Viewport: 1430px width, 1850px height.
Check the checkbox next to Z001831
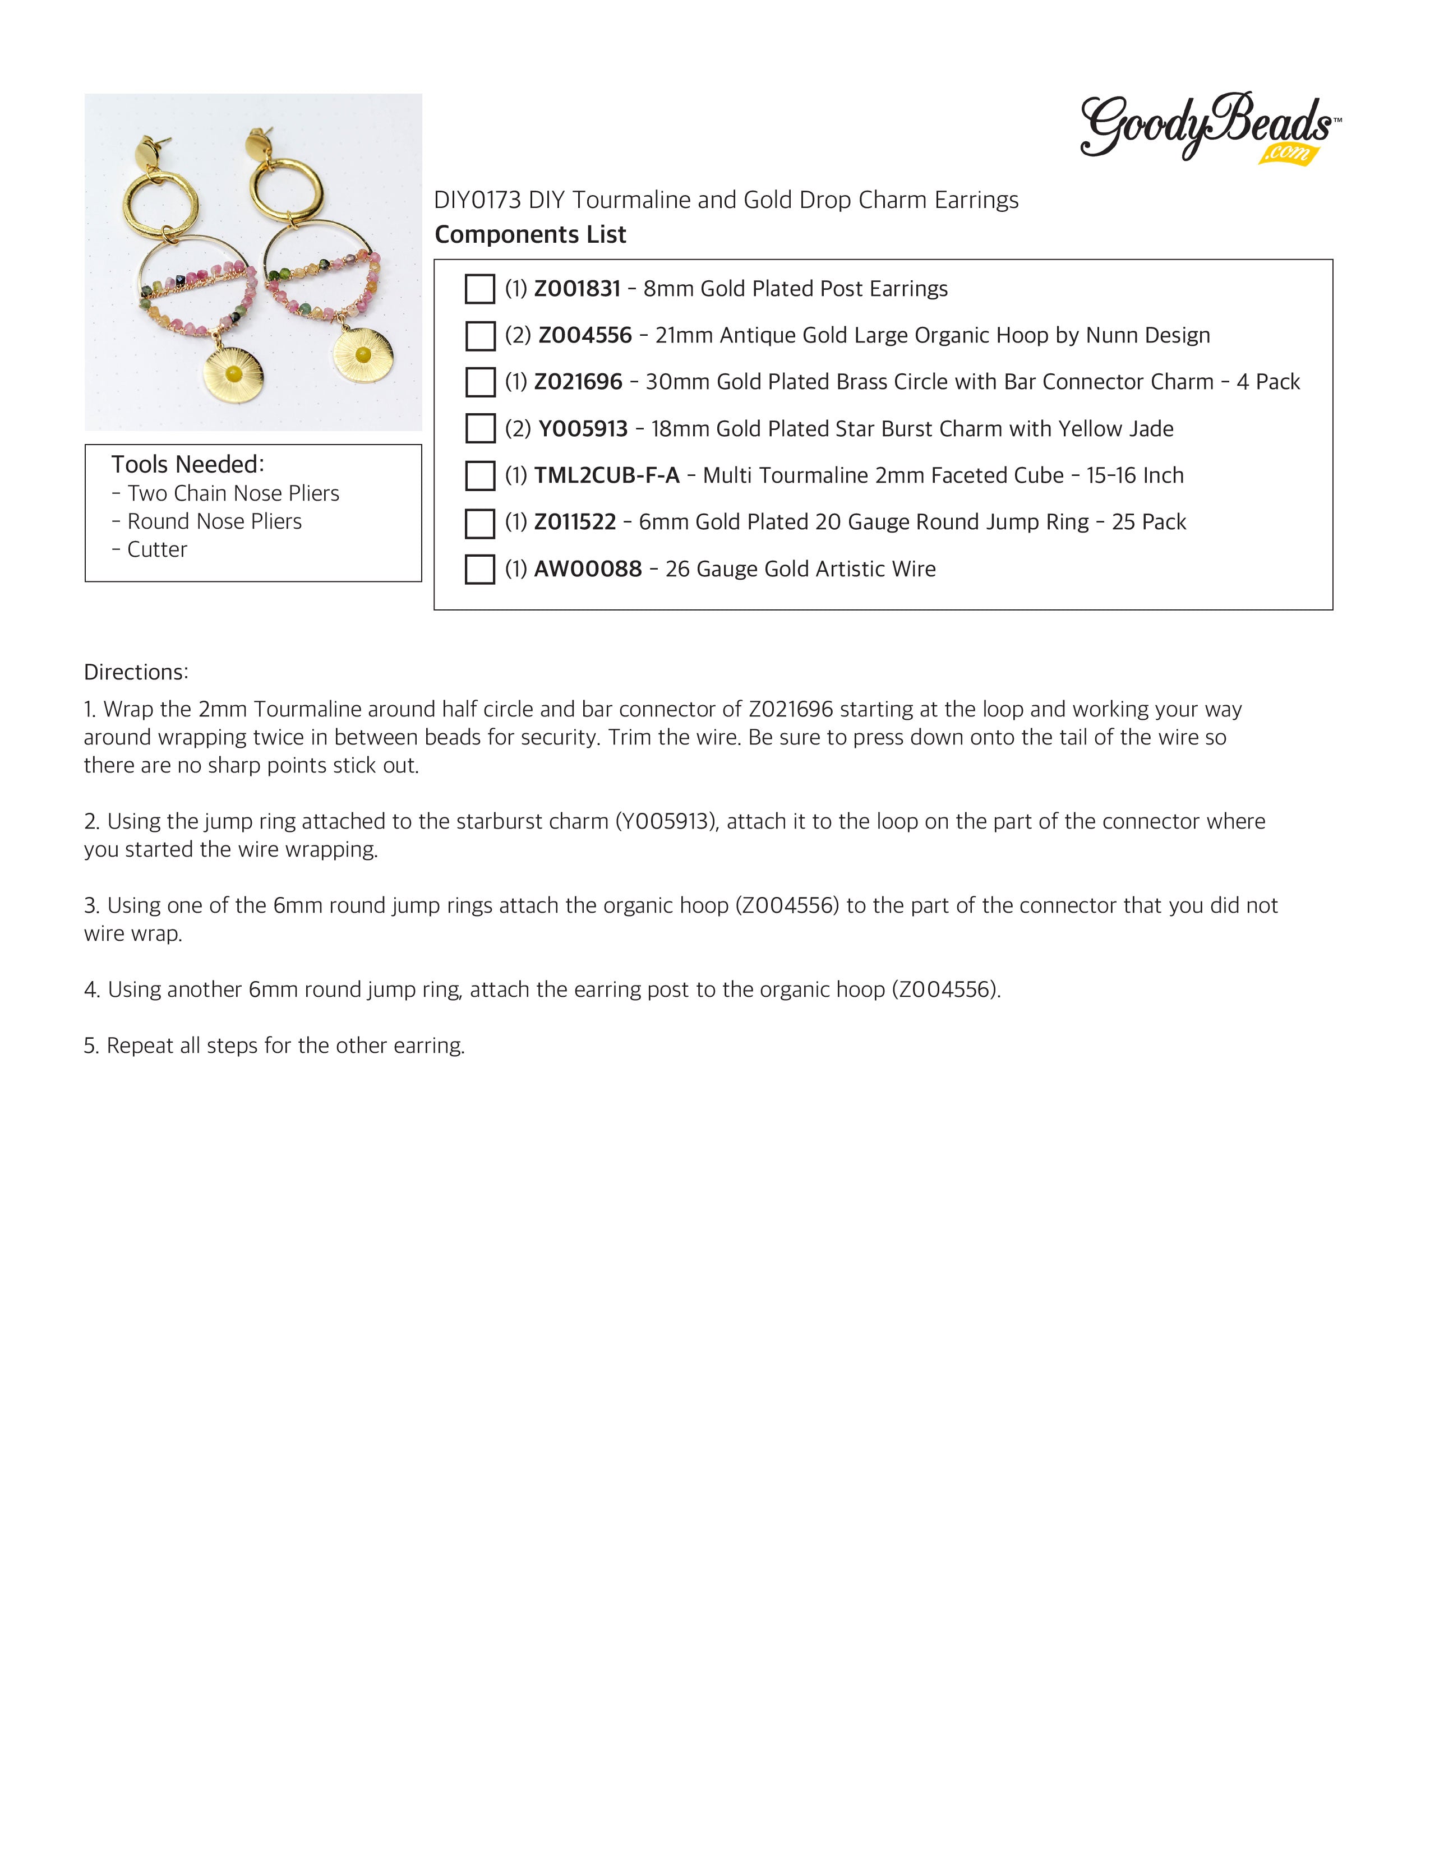(x=479, y=289)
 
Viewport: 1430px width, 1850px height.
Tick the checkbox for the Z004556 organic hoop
(x=479, y=335)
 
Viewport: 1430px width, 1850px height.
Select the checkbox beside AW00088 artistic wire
(x=479, y=569)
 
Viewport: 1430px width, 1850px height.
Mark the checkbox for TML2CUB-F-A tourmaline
(x=479, y=475)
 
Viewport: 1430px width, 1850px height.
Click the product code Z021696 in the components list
(x=578, y=382)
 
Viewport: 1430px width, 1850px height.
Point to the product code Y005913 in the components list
(x=583, y=429)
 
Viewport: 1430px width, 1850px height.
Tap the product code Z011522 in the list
(x=574, y=522)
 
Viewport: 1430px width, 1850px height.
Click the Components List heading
(x=531, y=235)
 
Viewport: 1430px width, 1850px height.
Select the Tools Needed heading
(x=187, y=464)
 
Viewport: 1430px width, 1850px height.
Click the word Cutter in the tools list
(x=156, y=550)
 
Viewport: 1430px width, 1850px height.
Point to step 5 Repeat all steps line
(x=274, y=1046)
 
